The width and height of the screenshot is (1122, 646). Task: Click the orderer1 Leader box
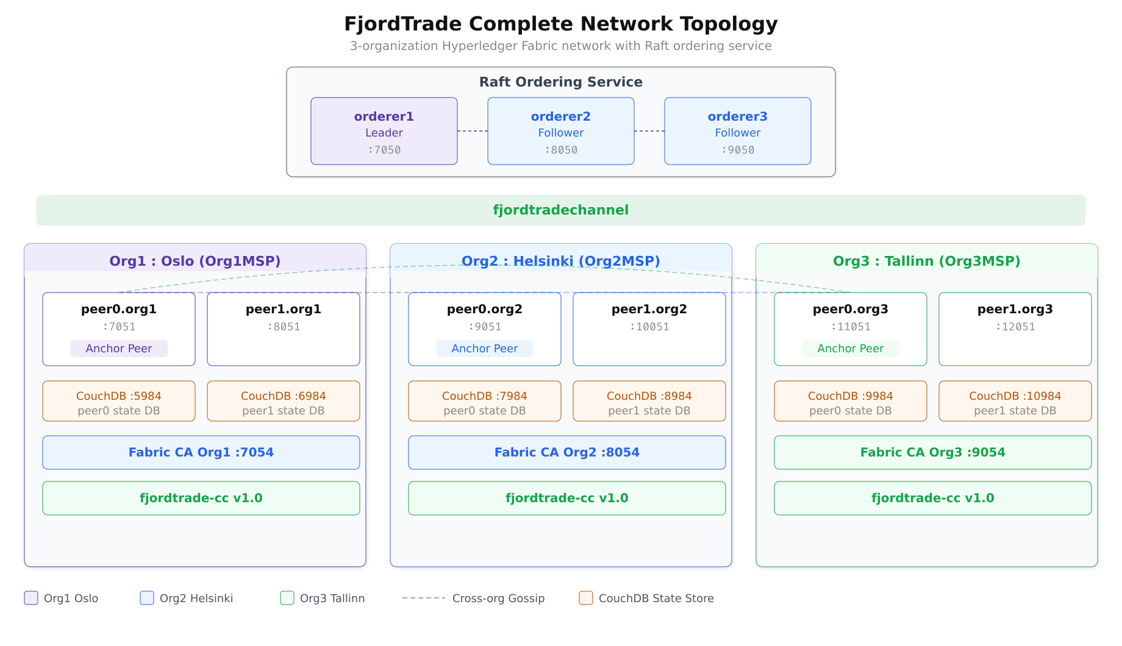click(384, 131)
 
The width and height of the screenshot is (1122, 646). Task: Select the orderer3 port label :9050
click(738, 150)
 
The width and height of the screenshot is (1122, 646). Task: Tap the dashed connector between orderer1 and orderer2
click(473, 131)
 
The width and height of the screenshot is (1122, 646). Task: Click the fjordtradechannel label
click(560, 210)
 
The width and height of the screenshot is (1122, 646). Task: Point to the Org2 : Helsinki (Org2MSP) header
click(560, 261)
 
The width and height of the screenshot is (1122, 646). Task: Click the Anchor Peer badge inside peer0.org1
click(119, 349)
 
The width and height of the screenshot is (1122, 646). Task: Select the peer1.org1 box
click(284, 329)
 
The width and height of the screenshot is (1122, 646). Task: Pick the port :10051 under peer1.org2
click(649, 327)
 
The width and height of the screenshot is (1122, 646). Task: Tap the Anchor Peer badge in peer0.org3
click(851, 349)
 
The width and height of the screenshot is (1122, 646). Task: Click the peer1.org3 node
click(1015, 329)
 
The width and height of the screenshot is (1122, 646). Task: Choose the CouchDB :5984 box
click(119, 401)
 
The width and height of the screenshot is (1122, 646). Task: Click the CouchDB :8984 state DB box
click(649, 401)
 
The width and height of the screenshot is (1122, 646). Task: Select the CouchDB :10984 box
click(1015, 401)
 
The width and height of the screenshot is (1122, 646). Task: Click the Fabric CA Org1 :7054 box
click(201, 452)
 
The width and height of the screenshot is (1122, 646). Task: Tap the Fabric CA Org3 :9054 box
click(933, 452)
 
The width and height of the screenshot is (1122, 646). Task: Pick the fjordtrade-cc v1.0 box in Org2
click(567, 498)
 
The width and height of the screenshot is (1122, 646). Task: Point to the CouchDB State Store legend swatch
click(586, 598)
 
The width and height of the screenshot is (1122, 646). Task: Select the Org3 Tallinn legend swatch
click(287, 598)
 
